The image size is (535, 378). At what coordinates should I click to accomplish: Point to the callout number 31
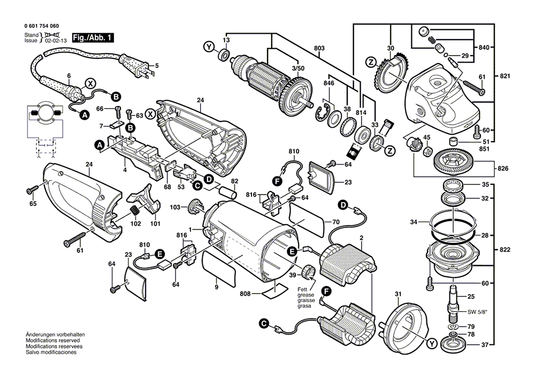[x=398, y=294]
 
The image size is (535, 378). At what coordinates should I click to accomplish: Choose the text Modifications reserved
[x=52, y=341]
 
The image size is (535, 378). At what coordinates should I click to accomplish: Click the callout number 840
[x=485, y=48]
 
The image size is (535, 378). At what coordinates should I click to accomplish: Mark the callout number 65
[x=33, y=204]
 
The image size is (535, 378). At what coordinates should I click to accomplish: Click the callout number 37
[x=485, y=345]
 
